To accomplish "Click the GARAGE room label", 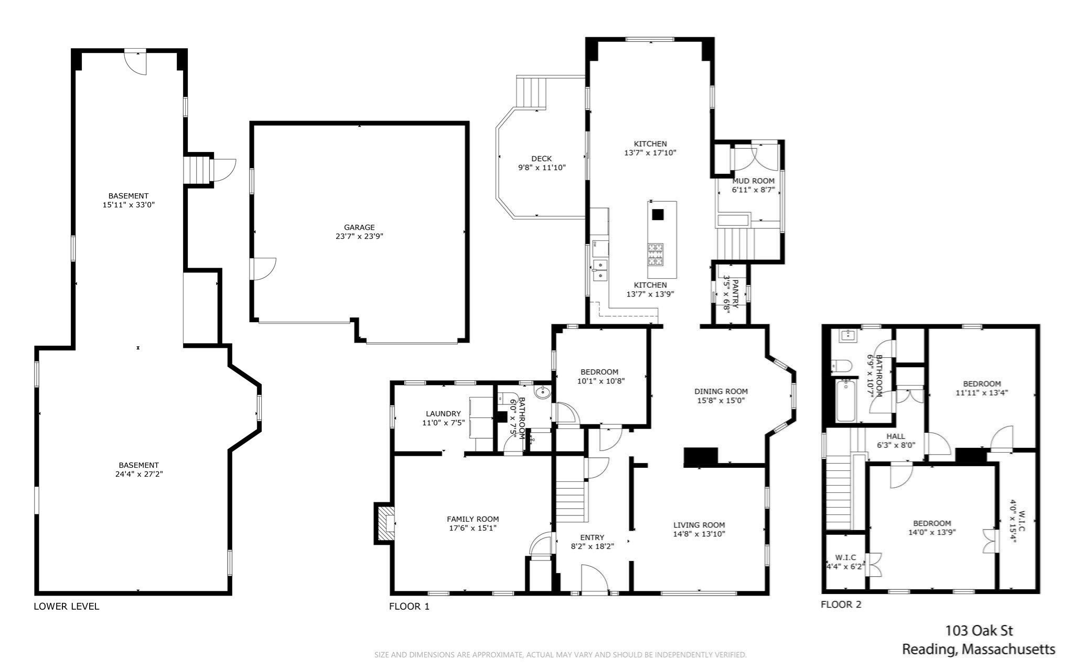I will coord(359,227).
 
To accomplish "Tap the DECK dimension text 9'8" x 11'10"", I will coord(541,168).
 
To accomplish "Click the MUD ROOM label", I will coord(753,181).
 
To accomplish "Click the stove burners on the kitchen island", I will coord(655,254).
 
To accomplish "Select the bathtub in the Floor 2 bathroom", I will coord(845,401).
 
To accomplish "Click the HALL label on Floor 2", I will coord(895,436).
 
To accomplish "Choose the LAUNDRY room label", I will coord(443,413).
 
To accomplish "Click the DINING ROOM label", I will coord(721,391).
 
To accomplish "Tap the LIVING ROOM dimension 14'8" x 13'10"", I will coord(699,534).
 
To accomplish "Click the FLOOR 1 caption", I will coord(409,606).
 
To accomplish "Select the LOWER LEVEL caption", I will coord(66,606).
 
